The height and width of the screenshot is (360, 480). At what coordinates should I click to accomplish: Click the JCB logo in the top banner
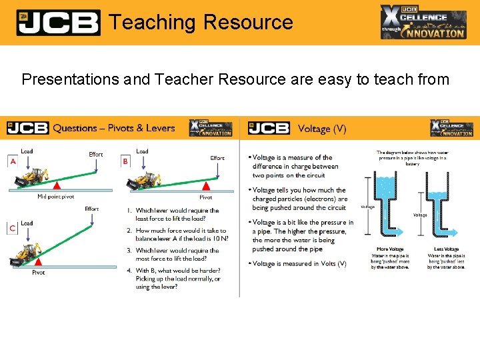pos(58,22)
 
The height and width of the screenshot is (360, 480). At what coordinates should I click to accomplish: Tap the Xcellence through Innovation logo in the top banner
pos(423,22)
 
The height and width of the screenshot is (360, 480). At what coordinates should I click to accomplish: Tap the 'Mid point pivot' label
pos(56,197)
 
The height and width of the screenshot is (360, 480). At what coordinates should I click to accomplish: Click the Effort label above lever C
pos(92,209)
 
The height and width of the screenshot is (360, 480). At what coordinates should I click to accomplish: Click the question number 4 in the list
pos(129,271)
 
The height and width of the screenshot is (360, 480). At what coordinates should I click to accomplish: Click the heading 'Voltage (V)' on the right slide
pos(323,128)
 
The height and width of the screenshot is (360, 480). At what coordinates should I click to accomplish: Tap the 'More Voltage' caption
pos(392,249)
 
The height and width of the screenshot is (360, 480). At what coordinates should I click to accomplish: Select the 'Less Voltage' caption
pos(446,249)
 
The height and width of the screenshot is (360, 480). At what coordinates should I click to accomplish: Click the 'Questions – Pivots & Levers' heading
pos(114,128)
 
